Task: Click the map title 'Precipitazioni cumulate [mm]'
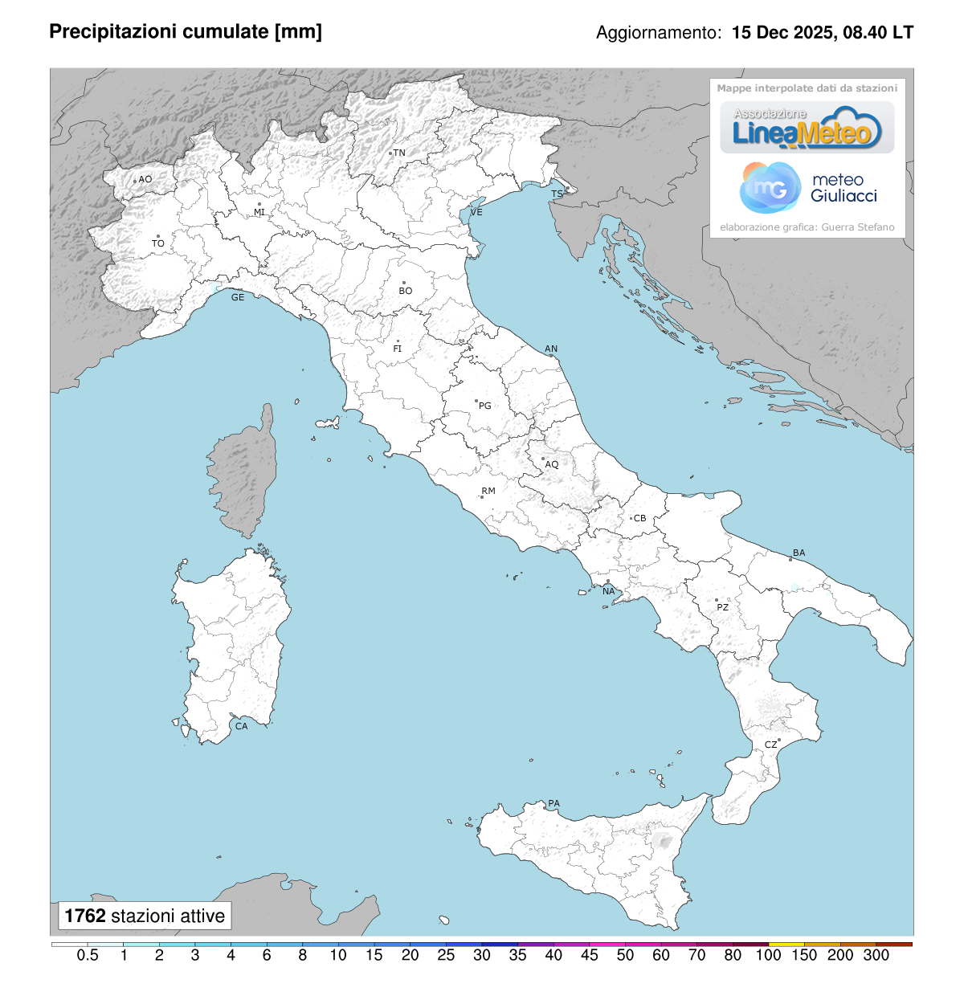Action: (x=186, y=32)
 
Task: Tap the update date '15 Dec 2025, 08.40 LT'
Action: (x=823, y=33)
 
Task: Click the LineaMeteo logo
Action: (x=807, y=129)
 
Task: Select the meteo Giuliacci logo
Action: (x=807, y=188)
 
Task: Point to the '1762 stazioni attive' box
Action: (x=145, y=916)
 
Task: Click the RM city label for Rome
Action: (x=488, y=491)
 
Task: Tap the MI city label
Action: (x=259, y=212)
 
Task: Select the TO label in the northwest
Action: (x=158, y=243)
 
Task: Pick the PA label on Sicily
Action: (x=553, y=803)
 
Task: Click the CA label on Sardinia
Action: (x=241, y=726)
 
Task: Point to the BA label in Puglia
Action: (x=799, y=553)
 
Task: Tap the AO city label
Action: (x=145, y=179)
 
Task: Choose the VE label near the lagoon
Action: (x=476, y=212)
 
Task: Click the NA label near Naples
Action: (x=609, y=591)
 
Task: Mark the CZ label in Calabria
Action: (x=770, y=745)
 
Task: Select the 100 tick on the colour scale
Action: (x=769, y=955)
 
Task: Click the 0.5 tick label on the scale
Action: (x=88, y=955)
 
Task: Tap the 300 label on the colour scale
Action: (x=876, y=955)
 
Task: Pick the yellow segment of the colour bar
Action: (x=786, y=944)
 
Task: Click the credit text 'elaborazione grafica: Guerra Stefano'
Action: (x=807, y=227)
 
